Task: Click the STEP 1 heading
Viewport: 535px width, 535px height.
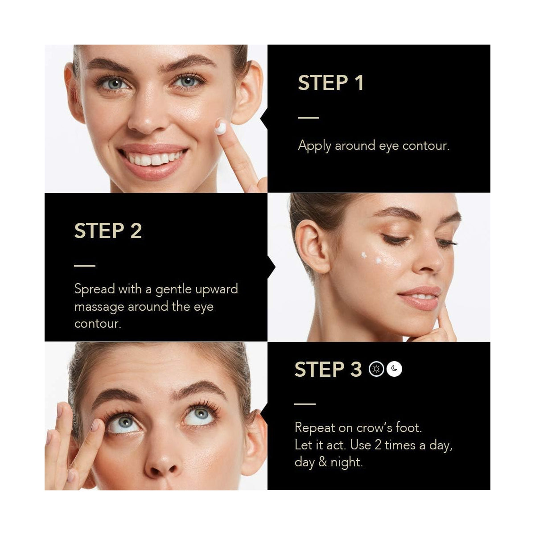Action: (330, 82)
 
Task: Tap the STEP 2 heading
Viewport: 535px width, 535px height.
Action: (108, 230)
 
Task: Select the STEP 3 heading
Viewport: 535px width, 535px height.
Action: (328, 369)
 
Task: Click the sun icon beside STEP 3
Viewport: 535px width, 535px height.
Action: (376, 369)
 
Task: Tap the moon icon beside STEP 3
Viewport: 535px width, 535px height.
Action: (394, 369)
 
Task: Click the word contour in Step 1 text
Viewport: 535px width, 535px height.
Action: (426, 146)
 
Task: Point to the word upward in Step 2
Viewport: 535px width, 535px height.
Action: (217, 289)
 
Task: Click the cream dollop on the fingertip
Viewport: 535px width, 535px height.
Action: (221, 128)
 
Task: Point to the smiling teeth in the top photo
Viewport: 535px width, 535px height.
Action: (153, 159)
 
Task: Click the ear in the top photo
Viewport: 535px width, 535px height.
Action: (247, 92)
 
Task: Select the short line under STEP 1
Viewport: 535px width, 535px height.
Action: (309, 117)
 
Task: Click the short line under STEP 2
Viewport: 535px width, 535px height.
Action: (85, 266)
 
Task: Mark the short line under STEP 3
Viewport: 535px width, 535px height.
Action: (305, 404)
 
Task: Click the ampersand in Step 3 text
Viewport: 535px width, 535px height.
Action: (322, 462)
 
